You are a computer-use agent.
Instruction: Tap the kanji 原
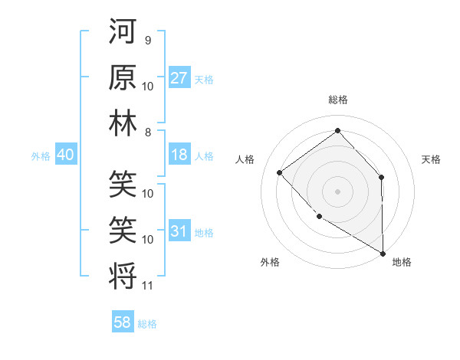coord(123,77)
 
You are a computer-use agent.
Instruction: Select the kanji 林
coord(123,123)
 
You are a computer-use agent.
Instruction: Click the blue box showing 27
coord(179,78)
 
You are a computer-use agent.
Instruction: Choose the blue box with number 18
coord(179,155)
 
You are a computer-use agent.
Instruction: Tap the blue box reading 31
coord(179,231)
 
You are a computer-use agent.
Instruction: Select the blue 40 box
coord(65,155)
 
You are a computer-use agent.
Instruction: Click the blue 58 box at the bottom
coord(123,322)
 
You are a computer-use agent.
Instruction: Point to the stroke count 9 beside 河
coord(148,41)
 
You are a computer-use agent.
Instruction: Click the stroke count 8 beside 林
coord(148,132)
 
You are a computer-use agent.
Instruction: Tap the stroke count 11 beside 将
coord(148,286)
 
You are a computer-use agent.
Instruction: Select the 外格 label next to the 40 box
coord(41,155)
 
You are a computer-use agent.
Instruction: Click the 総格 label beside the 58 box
coord(147,323)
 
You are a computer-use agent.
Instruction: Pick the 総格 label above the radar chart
coord(337,100)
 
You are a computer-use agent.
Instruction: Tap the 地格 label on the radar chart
coord(402,262)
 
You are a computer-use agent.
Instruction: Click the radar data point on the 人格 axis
coord(280,172)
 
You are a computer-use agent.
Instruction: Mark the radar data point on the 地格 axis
coord(383,253)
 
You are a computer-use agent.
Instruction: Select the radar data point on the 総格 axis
coord(337,131)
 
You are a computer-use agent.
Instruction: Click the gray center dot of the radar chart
coord(337,191)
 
